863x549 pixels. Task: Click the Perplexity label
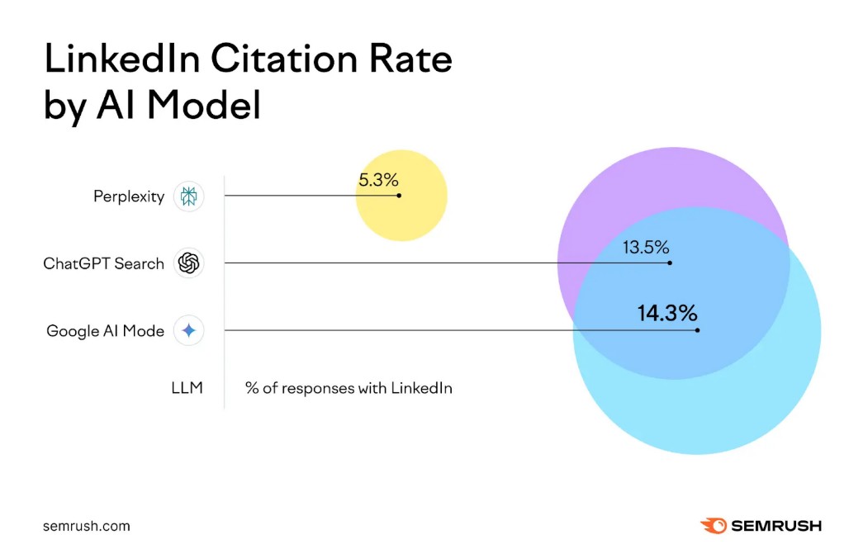[129, 197]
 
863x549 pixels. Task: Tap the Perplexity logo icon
[189, 197]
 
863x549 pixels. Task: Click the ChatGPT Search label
[104, 264]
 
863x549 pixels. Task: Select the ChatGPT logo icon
[189, 264]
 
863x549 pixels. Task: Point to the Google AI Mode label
[106, 331]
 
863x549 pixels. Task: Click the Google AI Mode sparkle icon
[189, 331]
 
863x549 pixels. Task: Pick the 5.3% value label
[378, 180]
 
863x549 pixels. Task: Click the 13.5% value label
[646, 247]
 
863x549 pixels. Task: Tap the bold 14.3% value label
[667, 314]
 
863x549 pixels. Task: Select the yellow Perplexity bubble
[402, 219]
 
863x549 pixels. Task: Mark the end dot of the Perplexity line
[399, 196]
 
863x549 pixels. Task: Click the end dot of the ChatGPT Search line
[670, 263]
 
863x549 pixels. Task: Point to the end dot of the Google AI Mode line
[698, 330]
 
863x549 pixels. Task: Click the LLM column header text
[187, 387]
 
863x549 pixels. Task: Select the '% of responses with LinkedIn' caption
[349, 387]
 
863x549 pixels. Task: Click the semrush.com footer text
[87, 526]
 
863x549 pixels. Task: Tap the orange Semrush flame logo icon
[713, 525]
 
